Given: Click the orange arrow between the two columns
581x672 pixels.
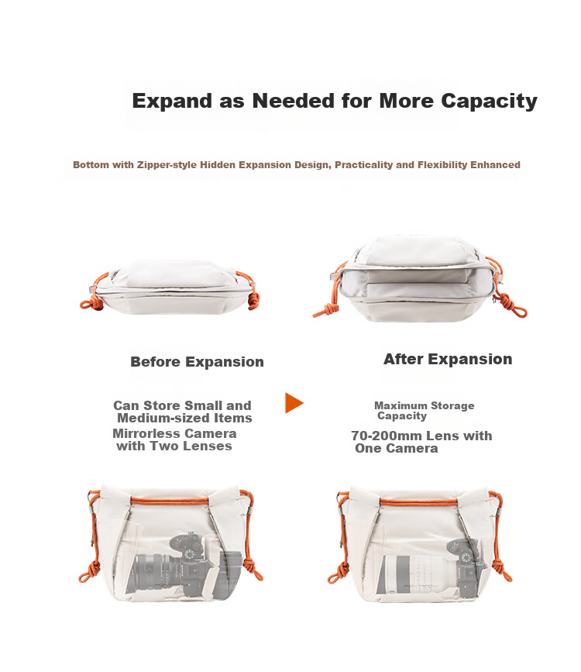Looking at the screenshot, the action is (294, 403).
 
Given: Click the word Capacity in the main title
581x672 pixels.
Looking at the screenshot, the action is (489, 101).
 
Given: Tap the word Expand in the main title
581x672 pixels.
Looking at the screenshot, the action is (172, 101).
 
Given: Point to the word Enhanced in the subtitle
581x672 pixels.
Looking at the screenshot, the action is (495, 164).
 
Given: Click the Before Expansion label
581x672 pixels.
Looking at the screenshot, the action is (197, 362).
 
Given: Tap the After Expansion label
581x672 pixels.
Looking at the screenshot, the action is (448, 359).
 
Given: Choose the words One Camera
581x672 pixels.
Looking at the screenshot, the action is (397, 449).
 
